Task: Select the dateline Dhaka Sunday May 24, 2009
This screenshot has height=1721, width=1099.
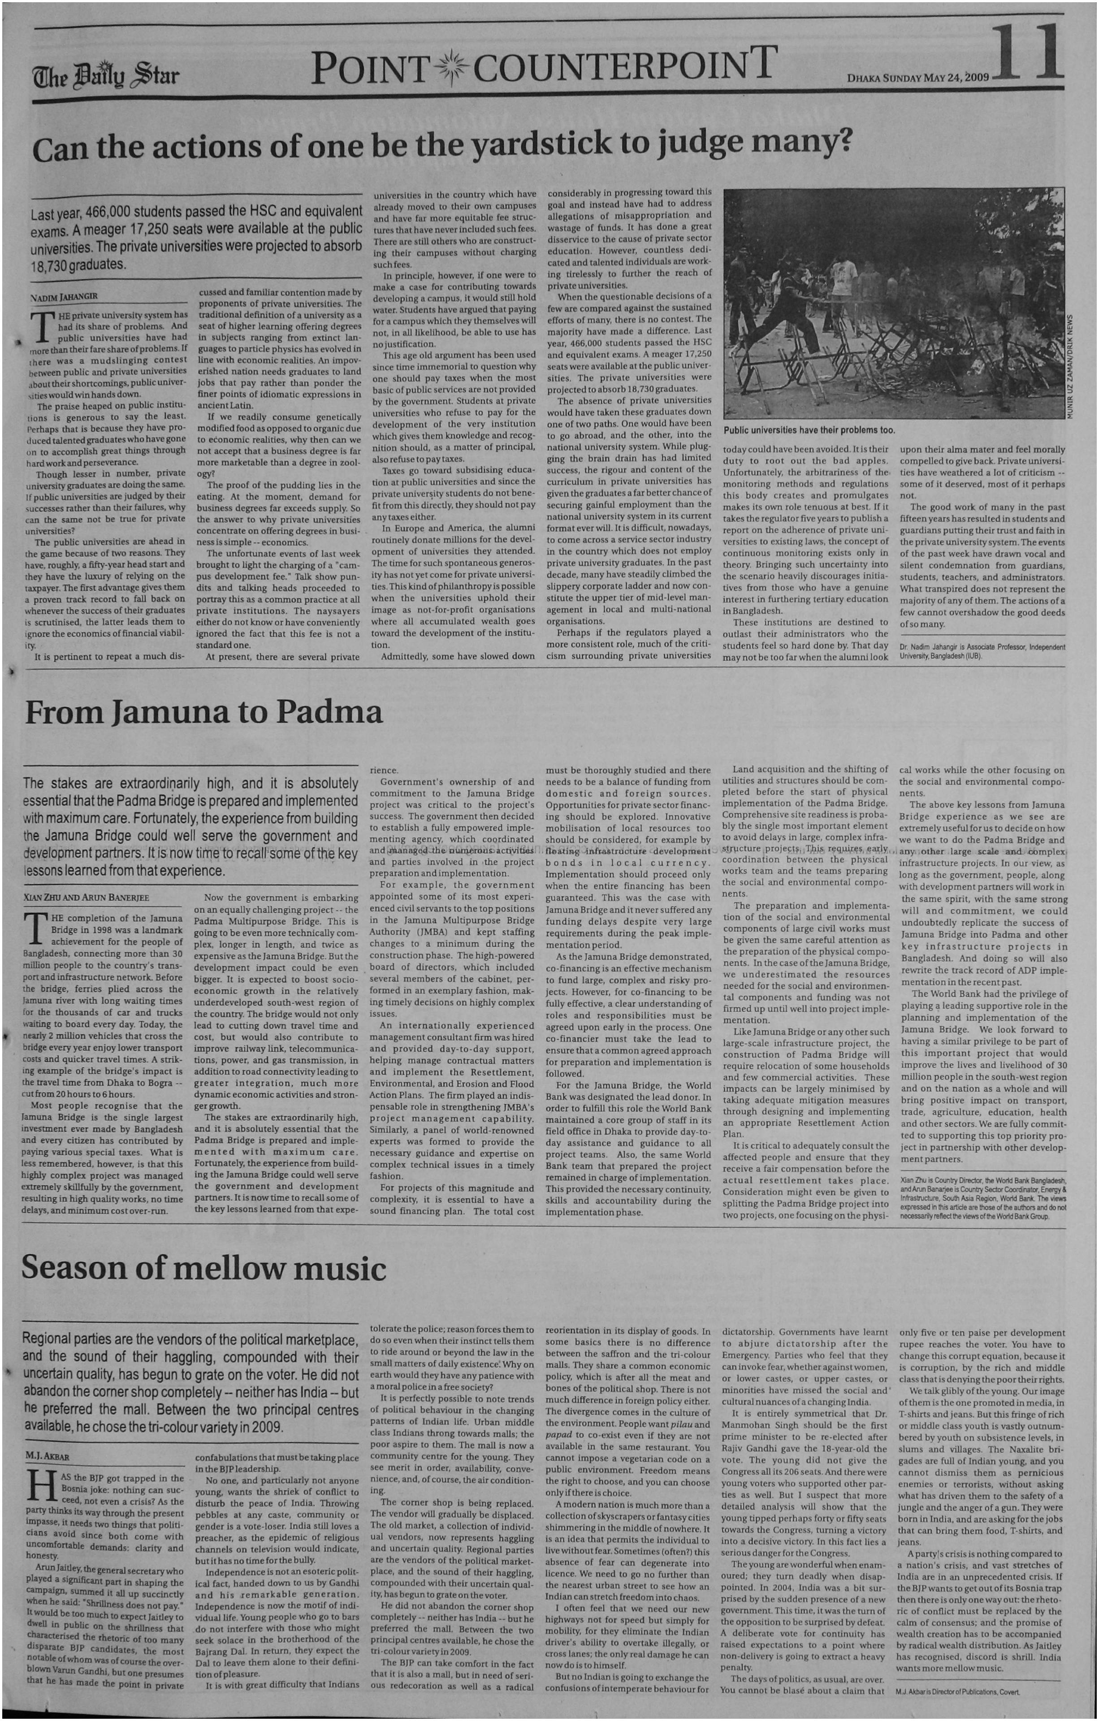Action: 917,77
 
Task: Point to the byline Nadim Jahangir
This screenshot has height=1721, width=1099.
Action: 64,297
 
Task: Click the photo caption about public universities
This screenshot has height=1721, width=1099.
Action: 809,430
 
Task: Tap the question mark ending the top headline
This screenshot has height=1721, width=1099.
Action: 844,142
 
